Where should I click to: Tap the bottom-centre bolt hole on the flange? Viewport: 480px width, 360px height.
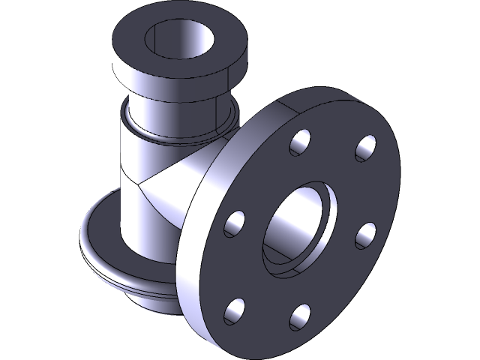point(300,316)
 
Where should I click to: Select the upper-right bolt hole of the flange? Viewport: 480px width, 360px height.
point(365,147)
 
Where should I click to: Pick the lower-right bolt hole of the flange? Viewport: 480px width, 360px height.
point(365,235)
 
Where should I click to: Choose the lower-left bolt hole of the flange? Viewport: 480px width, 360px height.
point(235,309)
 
